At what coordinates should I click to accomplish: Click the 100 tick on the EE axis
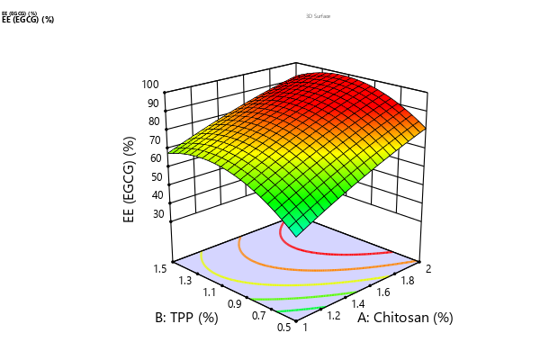[x=148, y=85]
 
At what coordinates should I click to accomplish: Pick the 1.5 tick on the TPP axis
[x=162, y=267]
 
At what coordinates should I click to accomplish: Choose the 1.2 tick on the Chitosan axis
[x=333, y=317]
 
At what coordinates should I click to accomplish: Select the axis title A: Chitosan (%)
[x=405, y=318]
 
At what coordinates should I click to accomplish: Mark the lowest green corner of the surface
[x=296, y=230]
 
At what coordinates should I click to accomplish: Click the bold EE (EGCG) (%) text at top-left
[x=29, y=20]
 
